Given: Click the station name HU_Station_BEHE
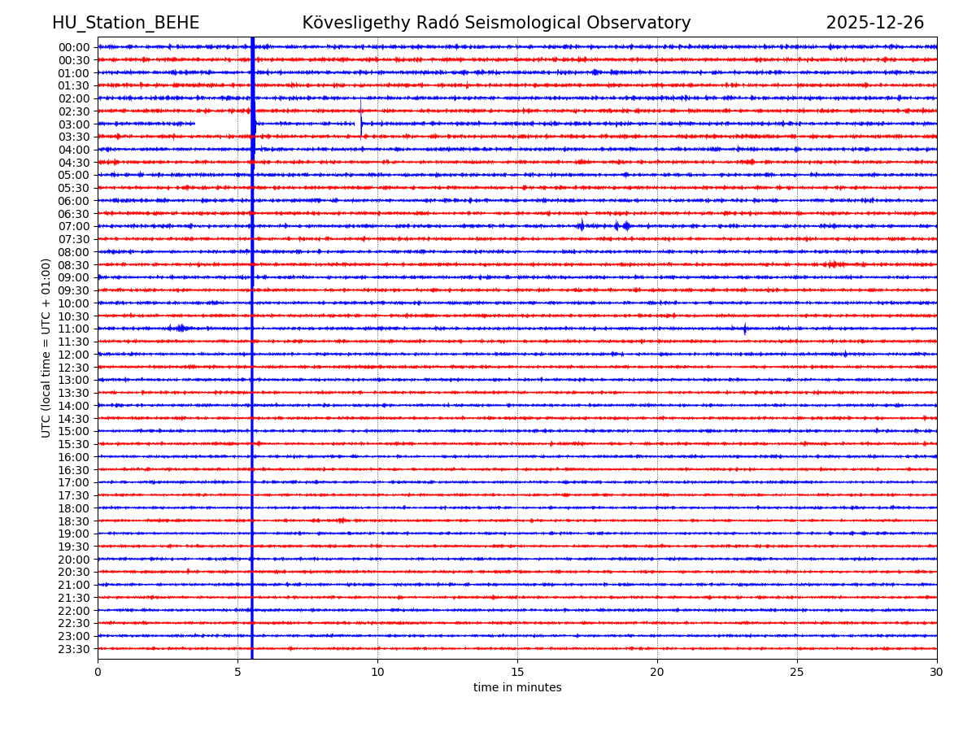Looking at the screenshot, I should point(125,24).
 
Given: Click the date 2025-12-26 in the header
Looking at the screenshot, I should point(874,24).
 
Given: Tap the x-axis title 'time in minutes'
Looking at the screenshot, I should point(517,688).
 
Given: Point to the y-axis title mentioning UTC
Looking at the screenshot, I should point(46,347).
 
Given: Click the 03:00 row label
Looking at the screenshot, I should point(73,124).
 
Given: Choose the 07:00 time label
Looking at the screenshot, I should point(73,227).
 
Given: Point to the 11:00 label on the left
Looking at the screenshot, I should point(73,329).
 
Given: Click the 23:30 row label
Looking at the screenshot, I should point(73,649).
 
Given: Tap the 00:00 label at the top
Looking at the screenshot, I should point(73,47).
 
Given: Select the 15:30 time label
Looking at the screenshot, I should point(73,444).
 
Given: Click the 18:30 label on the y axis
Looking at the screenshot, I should point(73,521).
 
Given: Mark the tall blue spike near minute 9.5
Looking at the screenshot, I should point(361,119).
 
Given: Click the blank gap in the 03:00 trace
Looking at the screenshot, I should point(222,124).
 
